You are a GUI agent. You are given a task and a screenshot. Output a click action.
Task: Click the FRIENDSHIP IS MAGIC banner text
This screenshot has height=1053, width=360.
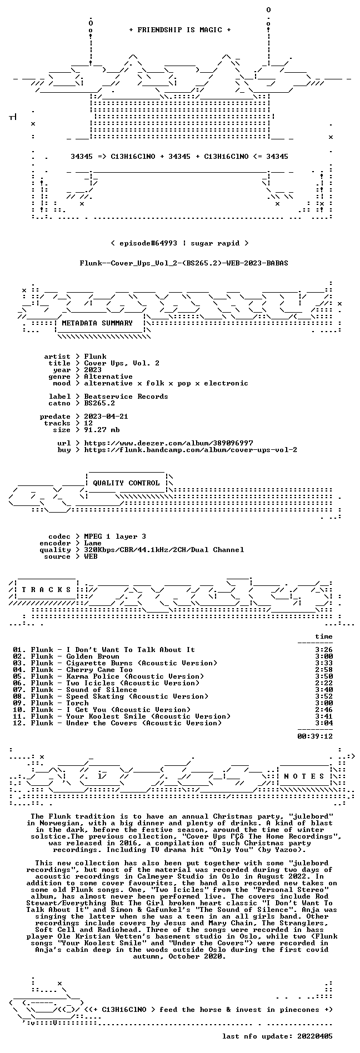click(179, 30)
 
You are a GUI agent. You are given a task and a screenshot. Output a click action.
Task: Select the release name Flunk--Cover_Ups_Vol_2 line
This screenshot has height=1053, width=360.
click(184, 262)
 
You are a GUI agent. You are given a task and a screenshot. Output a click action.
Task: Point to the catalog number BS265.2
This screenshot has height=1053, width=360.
click(99, 403)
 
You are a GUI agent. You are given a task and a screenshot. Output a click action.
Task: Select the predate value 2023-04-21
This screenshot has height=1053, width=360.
click(106, 417)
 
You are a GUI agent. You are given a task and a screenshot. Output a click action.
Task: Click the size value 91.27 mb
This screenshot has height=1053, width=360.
click(102, 430)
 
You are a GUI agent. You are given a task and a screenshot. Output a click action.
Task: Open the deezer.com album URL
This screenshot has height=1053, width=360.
click(168, 443)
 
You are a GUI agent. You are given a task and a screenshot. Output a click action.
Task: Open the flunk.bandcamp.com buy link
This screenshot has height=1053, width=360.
click(191, 450)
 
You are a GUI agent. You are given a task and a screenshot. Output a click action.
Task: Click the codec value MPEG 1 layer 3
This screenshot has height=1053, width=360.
click(115, 536)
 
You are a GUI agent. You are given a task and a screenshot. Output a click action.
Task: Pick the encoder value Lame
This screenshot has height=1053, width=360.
click(93, 543)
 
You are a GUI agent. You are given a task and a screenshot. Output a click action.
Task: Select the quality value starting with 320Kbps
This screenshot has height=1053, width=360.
click(164, 550)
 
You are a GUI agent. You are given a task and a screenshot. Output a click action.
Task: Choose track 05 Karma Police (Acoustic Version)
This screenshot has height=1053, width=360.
click(135, 676)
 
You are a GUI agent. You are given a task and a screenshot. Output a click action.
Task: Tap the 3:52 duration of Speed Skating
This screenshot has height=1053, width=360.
click(324, 696)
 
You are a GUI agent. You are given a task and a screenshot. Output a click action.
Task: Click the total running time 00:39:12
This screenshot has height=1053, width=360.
click(315, 736)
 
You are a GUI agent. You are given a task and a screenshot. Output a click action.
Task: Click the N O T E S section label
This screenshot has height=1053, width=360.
click(304, 776)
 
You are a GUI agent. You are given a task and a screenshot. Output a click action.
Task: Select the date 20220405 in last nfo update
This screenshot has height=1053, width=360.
click(315, 1036)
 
